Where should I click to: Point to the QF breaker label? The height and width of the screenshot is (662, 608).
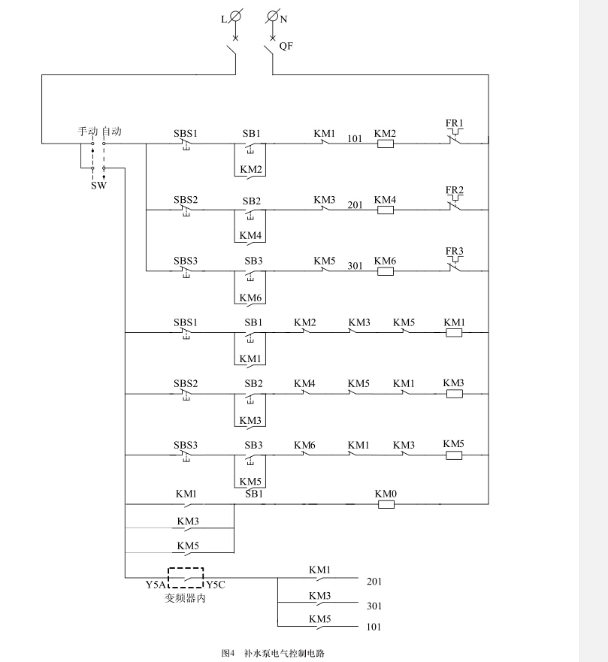(286, 46)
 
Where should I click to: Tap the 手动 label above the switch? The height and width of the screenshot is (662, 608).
(88, 131)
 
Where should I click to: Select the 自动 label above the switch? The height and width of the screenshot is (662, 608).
(112, 131)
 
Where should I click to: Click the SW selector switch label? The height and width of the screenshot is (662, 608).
(98, 185)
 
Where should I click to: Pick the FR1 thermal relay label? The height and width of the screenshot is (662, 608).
(455, 123)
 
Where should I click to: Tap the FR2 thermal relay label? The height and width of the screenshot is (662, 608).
(455, 189)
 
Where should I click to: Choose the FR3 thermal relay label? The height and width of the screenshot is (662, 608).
(455, 250)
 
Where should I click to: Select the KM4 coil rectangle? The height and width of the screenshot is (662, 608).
(385, 210)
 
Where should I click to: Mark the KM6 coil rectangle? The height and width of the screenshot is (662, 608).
(385, 271)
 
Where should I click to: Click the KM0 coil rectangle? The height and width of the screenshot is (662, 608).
(386, 504)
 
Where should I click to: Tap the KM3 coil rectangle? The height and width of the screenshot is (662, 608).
(454, 393)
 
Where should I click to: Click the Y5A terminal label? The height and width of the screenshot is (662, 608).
(156, 585)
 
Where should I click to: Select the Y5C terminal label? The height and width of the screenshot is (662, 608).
(216, 585)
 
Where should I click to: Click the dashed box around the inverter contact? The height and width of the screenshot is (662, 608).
(186, 577)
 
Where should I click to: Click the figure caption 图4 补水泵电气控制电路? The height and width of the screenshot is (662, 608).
(278, 652)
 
